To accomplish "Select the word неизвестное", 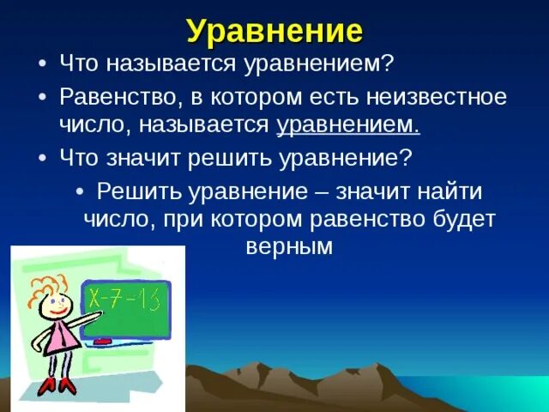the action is click(437, 97).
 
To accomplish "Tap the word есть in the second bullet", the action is click(334, 97).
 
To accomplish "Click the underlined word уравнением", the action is click(349, 125).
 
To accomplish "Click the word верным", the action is click(289, 246).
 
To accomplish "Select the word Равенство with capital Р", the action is click(118, 97).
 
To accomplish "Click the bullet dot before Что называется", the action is click(42, 65).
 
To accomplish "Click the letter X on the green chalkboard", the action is click(94, 300).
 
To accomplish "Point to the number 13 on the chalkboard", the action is click(150, 300).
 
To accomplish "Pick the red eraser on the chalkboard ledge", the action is click(102, 341).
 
